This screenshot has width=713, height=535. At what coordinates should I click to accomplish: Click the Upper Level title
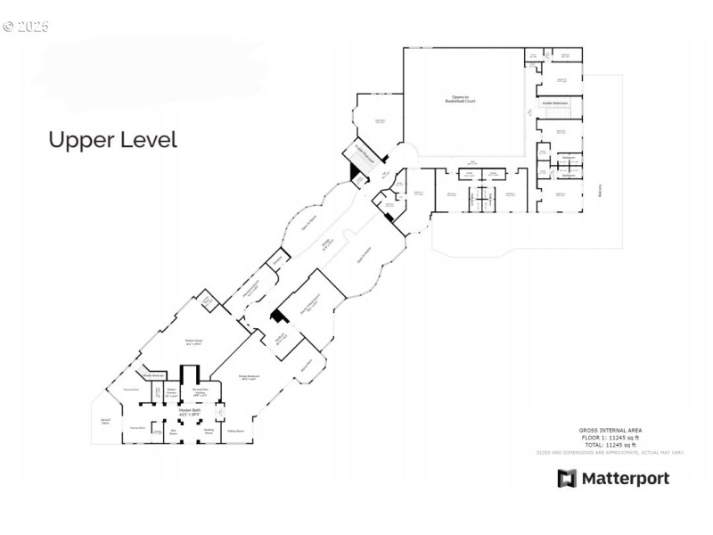point(112,140)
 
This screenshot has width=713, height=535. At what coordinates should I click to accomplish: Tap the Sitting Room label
point(236,430)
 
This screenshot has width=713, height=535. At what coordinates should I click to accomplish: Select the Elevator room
point(207,301)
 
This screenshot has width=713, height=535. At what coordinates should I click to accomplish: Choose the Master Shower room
point(171,392)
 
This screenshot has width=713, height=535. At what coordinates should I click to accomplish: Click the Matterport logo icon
point(567,479)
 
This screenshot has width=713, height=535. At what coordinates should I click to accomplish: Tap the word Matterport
point(625,479)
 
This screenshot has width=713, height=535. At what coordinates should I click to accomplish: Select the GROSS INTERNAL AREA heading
point(610,431)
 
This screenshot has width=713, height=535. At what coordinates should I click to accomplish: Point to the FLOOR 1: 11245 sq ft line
point(610,438)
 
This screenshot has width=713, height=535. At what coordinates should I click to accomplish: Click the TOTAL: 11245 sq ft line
point(610,445)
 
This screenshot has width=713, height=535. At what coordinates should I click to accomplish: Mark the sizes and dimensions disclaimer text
point(610,453)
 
